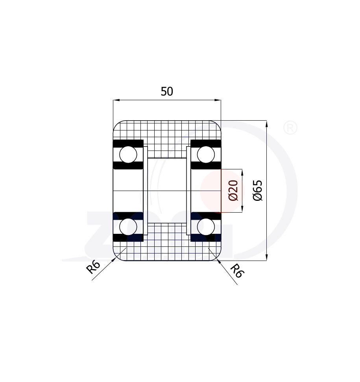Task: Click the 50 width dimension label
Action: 167,92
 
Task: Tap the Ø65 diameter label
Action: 258,191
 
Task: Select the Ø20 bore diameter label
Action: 233,191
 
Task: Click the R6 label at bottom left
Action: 94,267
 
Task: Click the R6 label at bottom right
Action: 236,270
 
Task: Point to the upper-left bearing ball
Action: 128,154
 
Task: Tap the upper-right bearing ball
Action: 206,154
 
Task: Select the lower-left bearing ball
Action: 128,227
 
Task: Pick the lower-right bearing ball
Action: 206,227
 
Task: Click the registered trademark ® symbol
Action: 290,128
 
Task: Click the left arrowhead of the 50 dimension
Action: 116,100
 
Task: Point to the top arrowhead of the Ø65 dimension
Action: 267,123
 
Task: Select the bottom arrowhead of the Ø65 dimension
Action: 267,258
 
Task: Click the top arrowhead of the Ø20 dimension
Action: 242,172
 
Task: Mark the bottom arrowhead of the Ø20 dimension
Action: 242,210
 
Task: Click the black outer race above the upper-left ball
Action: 128,143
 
